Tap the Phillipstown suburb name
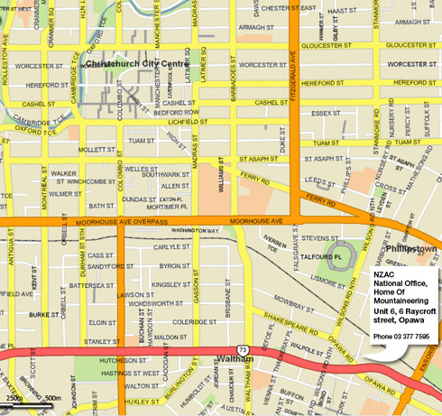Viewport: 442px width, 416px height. [411, 246]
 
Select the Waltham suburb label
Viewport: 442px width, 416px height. [236, 359]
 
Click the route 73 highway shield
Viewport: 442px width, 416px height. [243, 348]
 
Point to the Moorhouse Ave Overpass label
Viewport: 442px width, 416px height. [114, 221]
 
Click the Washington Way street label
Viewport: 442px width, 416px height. [195, 231]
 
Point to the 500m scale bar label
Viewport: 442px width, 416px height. [53, 398]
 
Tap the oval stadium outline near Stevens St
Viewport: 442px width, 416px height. [342, 254]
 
